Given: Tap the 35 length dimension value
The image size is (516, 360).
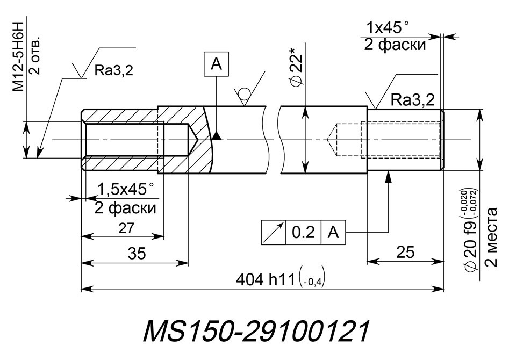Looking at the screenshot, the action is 137,254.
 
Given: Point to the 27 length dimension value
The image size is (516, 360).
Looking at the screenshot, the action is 126,228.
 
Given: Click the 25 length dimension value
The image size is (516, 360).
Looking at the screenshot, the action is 405,253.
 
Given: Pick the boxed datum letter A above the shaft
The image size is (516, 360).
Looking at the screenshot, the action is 216,64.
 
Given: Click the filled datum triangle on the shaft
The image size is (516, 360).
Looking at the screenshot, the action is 216,135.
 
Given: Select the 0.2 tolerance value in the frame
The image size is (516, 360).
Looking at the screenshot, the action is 303,233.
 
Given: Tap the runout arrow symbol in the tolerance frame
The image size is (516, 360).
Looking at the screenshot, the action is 274,232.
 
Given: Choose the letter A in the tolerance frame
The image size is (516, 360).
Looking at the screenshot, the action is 333,233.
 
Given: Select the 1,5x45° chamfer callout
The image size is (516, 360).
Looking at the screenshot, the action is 126,190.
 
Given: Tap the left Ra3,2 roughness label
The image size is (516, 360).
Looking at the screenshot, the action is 114,70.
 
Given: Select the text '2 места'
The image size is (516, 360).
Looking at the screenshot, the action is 491,236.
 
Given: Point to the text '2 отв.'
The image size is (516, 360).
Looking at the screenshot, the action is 34,54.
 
